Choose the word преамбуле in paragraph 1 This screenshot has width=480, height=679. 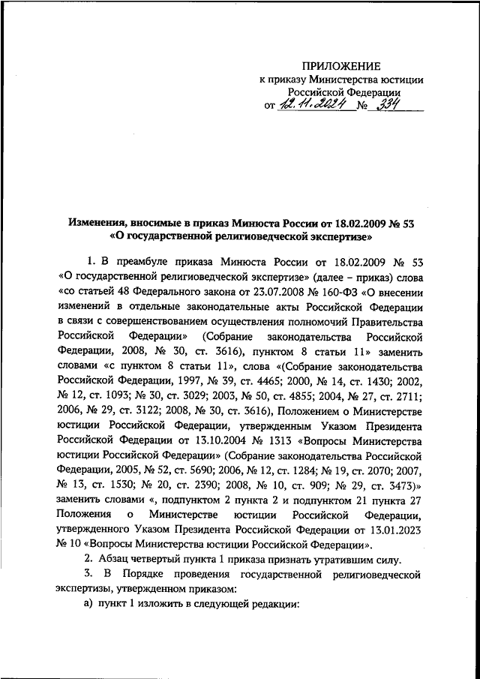coord(144,261)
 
